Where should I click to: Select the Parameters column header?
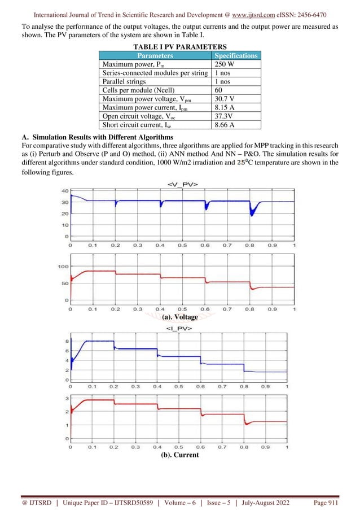tap(155, 55)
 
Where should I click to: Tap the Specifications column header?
tap(236, 55)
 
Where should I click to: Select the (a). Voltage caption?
tap(179, 317)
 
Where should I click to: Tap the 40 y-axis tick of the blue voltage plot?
tap(65, 191)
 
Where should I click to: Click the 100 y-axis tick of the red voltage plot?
tap(63, 266)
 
